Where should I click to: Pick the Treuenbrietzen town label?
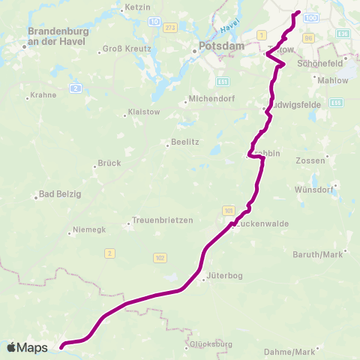click(162, 220)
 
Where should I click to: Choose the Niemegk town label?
click(91, 229)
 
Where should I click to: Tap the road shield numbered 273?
click(170, 28)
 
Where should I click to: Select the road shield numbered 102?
click(159, 257)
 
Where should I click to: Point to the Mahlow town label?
click(332, 79)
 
